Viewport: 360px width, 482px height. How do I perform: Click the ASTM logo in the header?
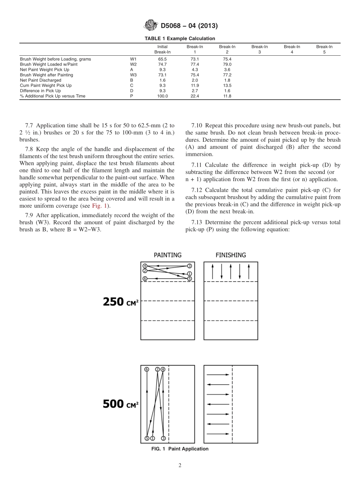coord(150,26)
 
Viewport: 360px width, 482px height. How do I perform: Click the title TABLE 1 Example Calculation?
coord(180,39)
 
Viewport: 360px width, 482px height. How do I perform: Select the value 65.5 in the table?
coord(162,59)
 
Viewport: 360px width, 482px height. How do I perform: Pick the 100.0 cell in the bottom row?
coord(162,96)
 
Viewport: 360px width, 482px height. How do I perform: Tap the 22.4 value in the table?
coord(195,96)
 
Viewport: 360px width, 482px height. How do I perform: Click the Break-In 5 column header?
coord(324,49)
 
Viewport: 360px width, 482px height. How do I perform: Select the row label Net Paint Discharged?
coord(41,80)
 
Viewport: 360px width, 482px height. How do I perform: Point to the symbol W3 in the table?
coord(133,75)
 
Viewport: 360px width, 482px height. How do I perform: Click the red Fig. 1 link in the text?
coord(100,206)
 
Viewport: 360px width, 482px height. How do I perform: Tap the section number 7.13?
coord(198,222)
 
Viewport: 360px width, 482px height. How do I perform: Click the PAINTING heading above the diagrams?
coord(167,255)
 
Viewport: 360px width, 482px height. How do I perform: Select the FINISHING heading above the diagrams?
coord(230,255)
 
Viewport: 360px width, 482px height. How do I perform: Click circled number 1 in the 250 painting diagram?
coord(189,274)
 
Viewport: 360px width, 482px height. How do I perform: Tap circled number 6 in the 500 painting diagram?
coord(147,369)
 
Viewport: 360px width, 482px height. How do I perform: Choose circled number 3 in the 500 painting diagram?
coord(163,438)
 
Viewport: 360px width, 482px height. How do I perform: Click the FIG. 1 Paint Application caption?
coord(180,449)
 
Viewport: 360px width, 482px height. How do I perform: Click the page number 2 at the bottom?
coord(180,466)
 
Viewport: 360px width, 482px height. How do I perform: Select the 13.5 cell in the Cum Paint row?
coord(227,86)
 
